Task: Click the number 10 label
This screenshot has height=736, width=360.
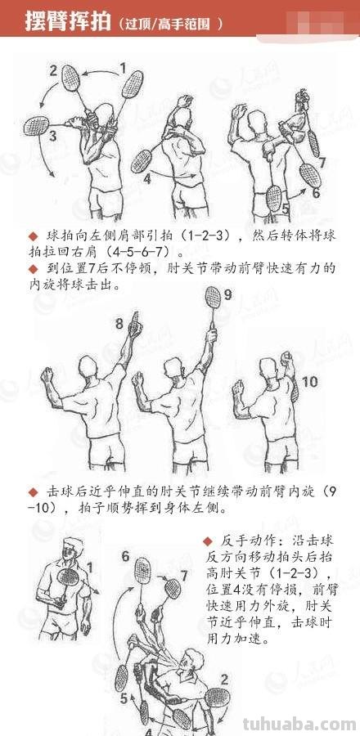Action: (310, 382)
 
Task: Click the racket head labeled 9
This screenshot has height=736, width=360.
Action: (214, 297)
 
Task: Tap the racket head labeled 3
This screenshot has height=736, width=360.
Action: (36, 125)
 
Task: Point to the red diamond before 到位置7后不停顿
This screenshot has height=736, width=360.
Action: (33, 268)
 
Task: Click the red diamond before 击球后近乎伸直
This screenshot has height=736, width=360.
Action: (33, 491)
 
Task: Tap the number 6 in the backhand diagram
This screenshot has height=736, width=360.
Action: (125, 557)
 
